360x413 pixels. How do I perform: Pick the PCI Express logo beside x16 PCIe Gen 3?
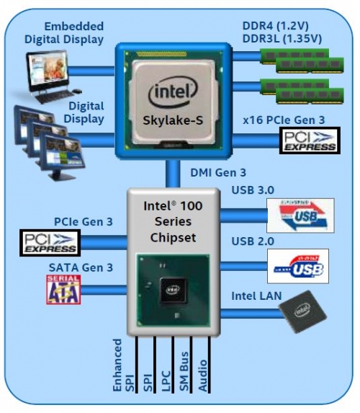[x=308, y=141]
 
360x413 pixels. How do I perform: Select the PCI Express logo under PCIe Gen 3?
[x=50, y=242]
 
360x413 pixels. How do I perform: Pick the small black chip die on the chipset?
[x=172, y=291]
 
